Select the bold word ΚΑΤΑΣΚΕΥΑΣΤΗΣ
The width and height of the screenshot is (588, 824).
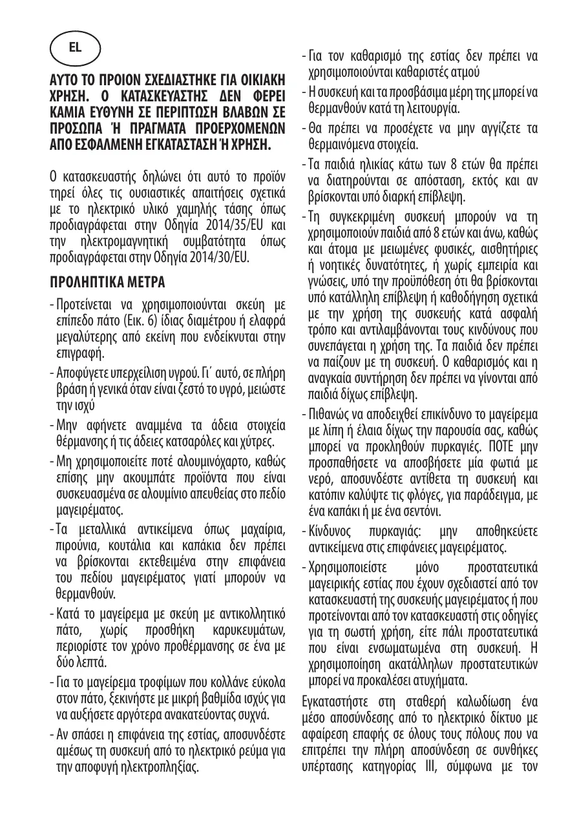162,94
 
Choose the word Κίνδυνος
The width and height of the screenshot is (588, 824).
332,531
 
